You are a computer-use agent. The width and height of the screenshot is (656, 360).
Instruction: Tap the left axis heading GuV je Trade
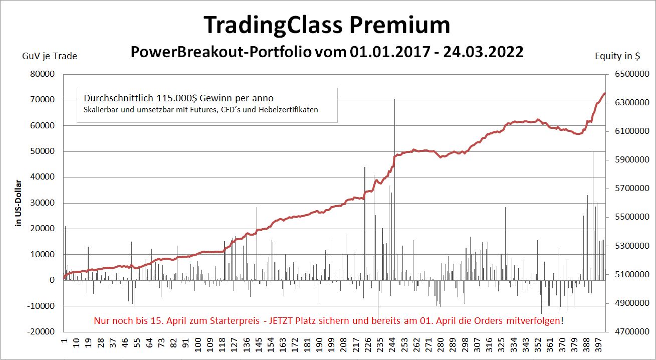pyautogui.click(x=49, y=56)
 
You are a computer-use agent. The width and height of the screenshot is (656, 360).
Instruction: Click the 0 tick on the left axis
pyautogui.click(x=52, y=280)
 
